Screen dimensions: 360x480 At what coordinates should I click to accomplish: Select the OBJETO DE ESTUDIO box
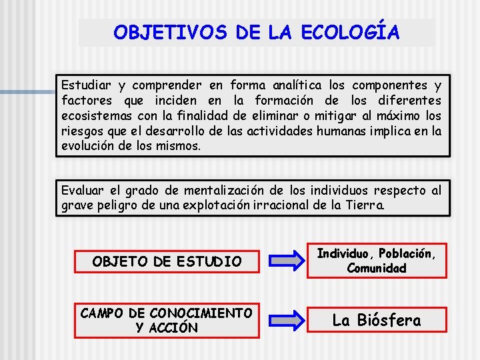(x=167, y=261)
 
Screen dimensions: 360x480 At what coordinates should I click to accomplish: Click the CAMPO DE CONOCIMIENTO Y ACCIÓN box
(x=167, y=320)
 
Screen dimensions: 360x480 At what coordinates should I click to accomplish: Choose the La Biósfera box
(x=377, y=321)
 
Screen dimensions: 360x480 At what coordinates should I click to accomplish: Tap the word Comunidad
(x=377, y=268)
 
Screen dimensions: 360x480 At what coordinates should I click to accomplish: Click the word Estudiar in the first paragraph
(x=87, y=86)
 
